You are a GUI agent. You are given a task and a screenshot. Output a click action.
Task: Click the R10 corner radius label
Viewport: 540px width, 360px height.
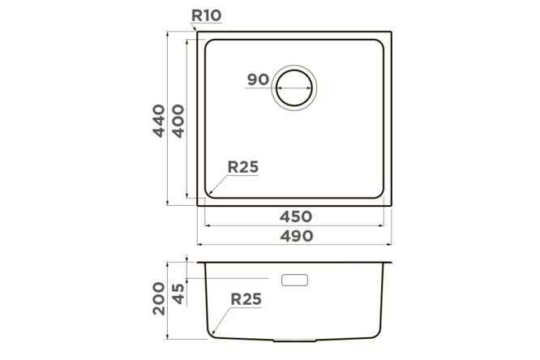coord(206,15)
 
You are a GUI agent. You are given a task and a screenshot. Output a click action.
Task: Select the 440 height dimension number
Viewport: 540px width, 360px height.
coord(159,121)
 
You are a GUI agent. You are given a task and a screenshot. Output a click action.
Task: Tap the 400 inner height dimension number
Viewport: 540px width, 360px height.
coord(178,122)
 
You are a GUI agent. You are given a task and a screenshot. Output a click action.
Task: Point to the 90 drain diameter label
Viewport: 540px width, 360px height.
coord(258,79)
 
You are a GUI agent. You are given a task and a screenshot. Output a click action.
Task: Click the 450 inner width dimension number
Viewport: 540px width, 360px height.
coord(296,216)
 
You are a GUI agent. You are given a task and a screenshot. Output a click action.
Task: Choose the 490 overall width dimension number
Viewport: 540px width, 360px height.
coord(297,236)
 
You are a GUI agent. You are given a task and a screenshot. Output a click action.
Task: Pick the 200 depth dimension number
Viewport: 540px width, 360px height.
coord(159,298)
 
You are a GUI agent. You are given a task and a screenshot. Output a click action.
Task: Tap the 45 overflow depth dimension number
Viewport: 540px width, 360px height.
coord(178,294)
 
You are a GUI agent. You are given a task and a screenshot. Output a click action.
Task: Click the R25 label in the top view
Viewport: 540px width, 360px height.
coord(242,167)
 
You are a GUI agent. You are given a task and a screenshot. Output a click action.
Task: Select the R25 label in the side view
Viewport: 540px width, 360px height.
coord(246,299)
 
